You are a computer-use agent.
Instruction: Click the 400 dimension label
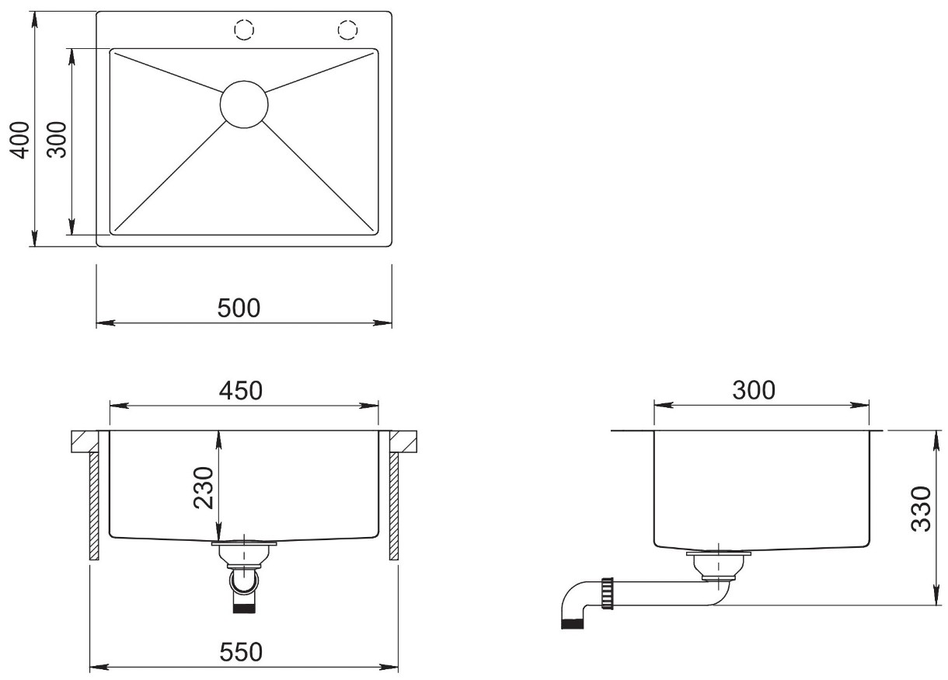[x=20, y=140]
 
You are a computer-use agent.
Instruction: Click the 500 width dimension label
[x=239, y=308]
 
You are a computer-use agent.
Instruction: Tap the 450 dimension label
[x=240, y=390]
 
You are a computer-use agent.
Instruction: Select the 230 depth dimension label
[x=204, y=487]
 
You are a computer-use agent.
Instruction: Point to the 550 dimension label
[x=241, y=652]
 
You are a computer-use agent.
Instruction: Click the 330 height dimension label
[x=921, y=508]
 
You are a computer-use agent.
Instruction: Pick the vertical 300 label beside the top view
[x=57, y=140]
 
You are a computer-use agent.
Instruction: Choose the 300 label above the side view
[x=754, y=390]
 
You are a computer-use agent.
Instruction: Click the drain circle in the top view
[x=244, y=104]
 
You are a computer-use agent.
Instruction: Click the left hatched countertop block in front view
[x=85, y=441]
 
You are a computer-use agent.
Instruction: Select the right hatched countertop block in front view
[x=403, y=441]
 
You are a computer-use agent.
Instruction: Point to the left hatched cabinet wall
[x=94, y=507]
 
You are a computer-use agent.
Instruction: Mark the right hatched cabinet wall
[x=394, y=507]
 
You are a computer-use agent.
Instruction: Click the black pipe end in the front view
[x=245, y=609]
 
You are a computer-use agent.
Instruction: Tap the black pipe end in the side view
[x=572, y=624]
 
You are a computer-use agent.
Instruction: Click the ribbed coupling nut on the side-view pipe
[x=608, y=593]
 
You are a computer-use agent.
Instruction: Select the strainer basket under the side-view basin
[x=718, y=565]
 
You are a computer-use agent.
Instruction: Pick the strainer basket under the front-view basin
[x=244, y=553]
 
